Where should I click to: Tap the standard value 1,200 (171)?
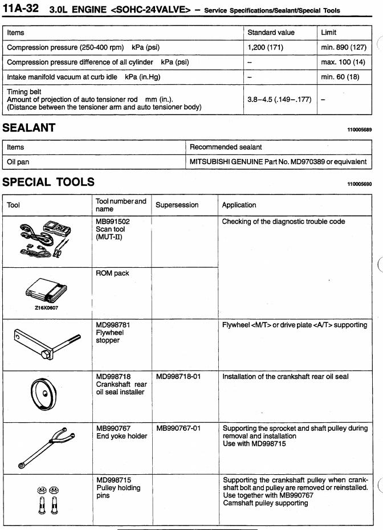point(266,48)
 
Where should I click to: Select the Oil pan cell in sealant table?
point(19,162)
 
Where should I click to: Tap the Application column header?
point(239,205)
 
